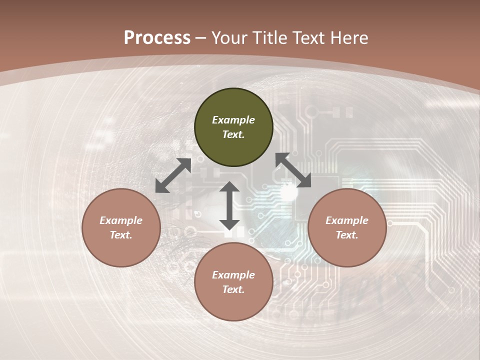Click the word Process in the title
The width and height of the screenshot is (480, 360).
pyautogui.click(x=157, y=38)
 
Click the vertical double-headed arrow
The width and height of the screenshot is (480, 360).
pyautogui.click(x=229, y=205)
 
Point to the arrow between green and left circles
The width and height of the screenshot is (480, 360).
pyautogui.click(x=173, y=175)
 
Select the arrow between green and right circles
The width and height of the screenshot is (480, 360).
pyautogui.click(x=293, y=170)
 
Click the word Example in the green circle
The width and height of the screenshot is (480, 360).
pyautogui.click(x=233, y=120)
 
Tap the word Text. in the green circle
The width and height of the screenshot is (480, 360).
pyautogui.click(x=233, y=134)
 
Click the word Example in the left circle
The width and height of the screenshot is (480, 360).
pyautogui.click(x=121, y=220)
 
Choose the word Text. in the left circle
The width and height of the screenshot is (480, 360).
pyautogui.click(x=121, y=235)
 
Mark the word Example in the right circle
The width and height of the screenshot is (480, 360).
pyautogui.click(x=347, y=220)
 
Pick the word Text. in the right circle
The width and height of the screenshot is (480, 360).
pyautogui.click(x=347, y=235)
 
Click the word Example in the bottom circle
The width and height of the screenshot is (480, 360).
pyautogui.click(x=233, y=275)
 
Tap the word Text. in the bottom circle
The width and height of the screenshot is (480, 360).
pyautogui.click(x=233, y=289)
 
